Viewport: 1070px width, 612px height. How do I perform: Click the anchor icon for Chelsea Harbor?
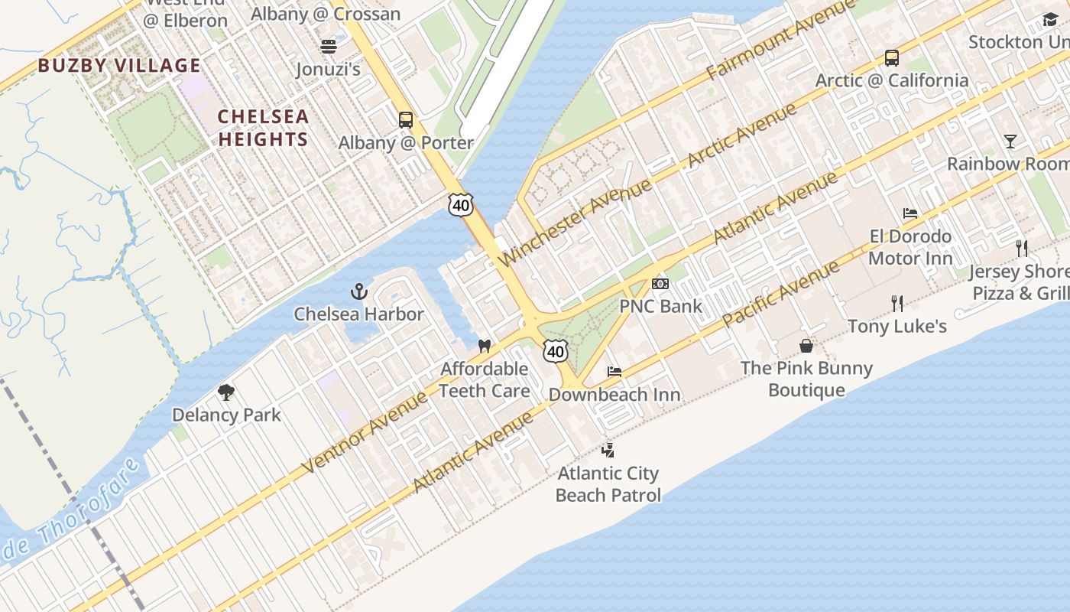click(358, 291)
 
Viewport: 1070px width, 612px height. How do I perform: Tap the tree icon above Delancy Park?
click(225, 392)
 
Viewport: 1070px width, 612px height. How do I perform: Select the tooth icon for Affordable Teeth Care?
click(484, 346)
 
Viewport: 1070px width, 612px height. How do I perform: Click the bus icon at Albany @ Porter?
click(406, 119)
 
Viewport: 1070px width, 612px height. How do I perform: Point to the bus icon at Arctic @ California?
click(891, 57)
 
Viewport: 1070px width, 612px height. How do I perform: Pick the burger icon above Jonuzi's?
click(329, 47)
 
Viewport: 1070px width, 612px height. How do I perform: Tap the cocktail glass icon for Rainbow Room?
click(1010, 141)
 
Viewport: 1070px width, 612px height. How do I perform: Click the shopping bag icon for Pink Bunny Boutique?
click(806, 346)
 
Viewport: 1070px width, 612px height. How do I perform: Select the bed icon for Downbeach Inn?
click(614, 372)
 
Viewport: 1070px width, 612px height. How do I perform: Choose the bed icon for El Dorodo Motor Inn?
click(909, 213)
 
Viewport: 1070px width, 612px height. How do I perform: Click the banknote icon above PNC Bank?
click(660, 284)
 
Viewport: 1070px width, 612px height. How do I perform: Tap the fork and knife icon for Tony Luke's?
click(897, 304)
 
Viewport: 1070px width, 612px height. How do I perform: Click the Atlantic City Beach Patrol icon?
click(608, 450)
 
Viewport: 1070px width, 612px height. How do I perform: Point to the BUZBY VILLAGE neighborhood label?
click(119, 66)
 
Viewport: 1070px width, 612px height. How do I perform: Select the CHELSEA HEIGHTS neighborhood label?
click(263, 128)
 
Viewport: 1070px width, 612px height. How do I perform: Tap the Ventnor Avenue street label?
click(365, 432)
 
